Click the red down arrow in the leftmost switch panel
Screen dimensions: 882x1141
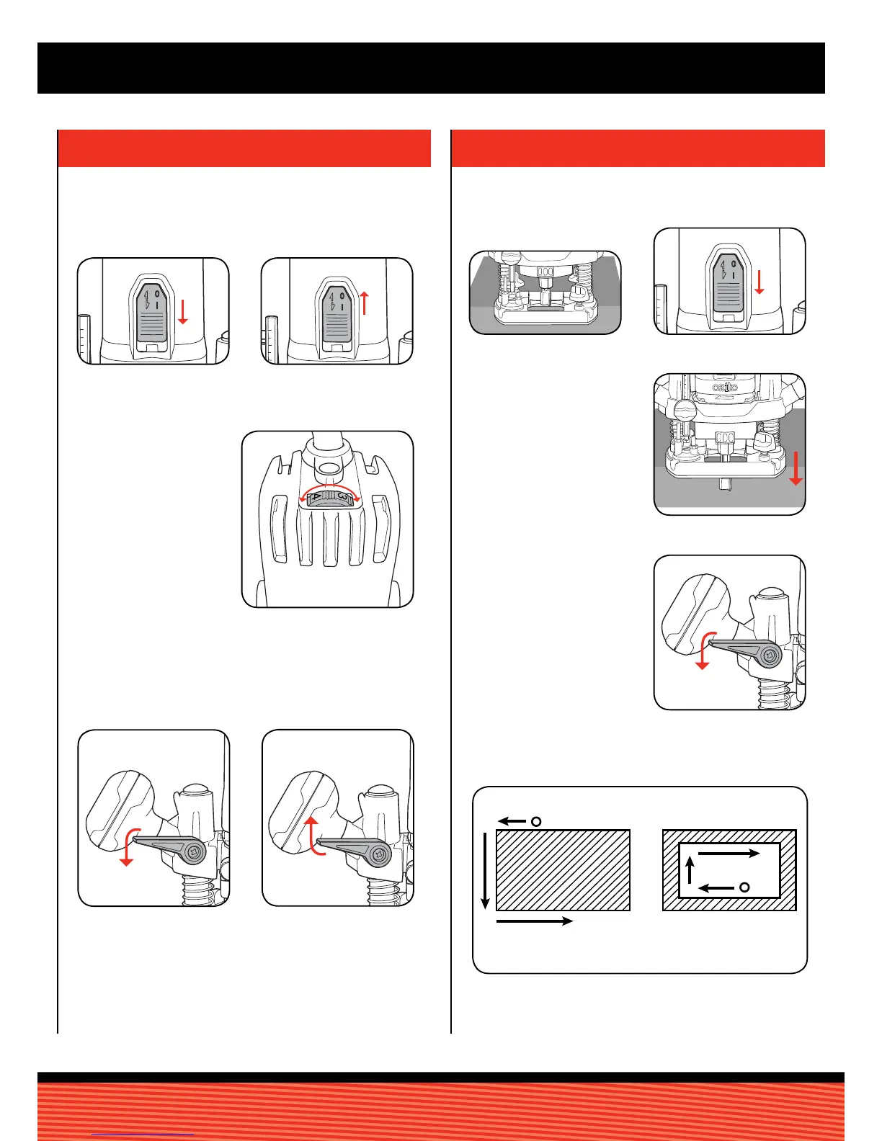pyautogui.click(x=183, y=312)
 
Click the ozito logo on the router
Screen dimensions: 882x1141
pyautogui.click(x=729, y=388)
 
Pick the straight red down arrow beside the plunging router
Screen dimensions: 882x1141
pyautogui.click(x=796, y=468)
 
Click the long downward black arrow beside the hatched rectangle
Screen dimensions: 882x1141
pyautogui.click(x=486, y=870)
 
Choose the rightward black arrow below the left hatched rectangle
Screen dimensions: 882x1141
pyautogui.click(x=534, y=921)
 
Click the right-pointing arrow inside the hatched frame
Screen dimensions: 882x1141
pyautogui.click(x=729, y=854)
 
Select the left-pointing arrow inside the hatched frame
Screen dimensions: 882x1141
pyautogui.click(x=716, y=888)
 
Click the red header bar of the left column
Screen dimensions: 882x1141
pyautogui.click(x=244, y=148)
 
